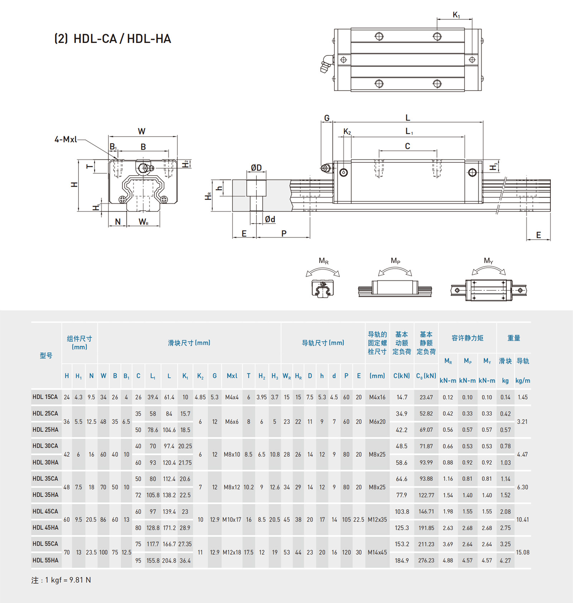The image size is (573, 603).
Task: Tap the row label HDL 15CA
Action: [x=45, y=397]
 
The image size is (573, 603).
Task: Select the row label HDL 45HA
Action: [x=45, y=528]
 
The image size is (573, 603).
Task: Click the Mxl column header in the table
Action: [x=232, y=376]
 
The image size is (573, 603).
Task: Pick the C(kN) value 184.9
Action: [x=402, y=560]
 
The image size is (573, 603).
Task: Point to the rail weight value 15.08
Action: [x=523, y=552]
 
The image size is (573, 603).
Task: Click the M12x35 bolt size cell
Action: [x=377, y=520]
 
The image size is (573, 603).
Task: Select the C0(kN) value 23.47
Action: [x=426, y=397]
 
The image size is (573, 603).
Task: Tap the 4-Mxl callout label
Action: [x=66, y=139]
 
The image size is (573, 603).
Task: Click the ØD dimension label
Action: [x=256, y=168]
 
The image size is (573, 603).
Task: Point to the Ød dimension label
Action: [x=270, y=219]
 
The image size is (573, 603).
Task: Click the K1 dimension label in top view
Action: [x=456, y=15]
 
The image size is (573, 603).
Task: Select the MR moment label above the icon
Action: [x=323, y=261]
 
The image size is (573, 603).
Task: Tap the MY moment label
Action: [x=488, y=261]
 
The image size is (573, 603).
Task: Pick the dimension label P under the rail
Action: [x=284, y=234]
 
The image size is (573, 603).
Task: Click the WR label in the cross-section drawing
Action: [x=143, y=222]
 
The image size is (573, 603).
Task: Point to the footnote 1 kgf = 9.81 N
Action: [x=61, y=580]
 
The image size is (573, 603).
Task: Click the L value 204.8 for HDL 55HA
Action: [x=169, y=560]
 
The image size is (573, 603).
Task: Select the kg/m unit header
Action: [x=523, y=381]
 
